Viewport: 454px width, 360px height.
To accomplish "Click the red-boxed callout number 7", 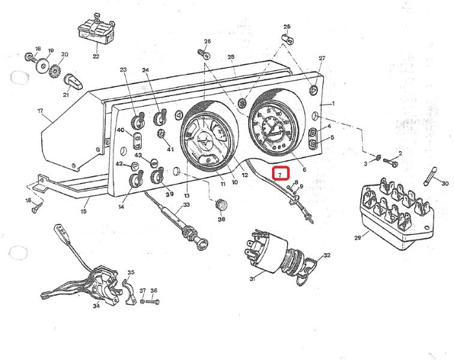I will [x=280, y=174].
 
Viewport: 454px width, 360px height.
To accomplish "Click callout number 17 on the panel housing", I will [x=40, y=111].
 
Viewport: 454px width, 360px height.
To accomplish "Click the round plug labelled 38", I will [x=223, y=205].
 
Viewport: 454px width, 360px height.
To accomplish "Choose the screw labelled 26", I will [x=203, y=53].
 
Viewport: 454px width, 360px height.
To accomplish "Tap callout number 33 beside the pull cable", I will [x=186, y=205].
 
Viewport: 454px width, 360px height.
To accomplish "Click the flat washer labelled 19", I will [x=44, y=65].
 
